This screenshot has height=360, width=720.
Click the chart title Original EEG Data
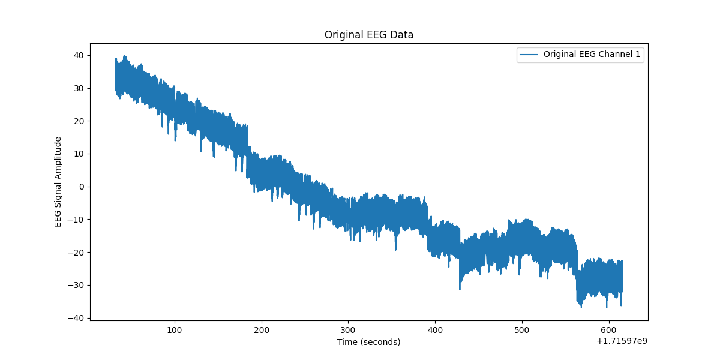(368, 35)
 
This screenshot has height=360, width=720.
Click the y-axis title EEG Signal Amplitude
(58, 182)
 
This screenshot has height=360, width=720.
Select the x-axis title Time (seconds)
(368, 342)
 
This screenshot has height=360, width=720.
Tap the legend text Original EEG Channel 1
(592, 54)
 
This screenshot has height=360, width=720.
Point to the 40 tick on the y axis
(79, 55)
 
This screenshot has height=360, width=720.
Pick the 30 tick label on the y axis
(79, 88)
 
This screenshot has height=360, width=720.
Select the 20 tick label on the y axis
(79, 121)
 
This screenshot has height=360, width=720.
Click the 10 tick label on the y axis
(79, 154)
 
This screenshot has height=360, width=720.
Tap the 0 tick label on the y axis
(82, 187)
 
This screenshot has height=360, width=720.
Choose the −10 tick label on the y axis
(77, 219)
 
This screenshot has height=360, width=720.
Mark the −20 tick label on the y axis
(77, 252)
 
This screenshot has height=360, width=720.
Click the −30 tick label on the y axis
(77, 284)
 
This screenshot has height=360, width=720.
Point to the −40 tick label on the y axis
(77, 317)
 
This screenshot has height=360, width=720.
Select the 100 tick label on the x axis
(175, 330)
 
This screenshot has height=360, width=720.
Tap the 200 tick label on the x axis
(262, 330)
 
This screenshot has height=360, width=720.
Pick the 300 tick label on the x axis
(348, 330)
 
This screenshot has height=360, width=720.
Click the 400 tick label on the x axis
(435, 330)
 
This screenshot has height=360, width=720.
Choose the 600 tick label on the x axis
(608, 330)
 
